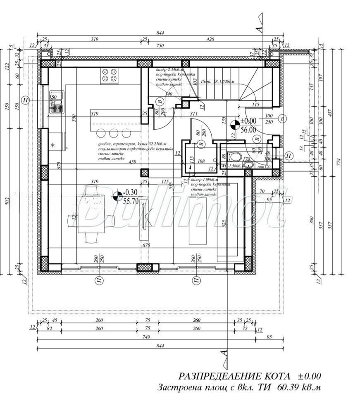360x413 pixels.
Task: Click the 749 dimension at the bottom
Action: [146, 337]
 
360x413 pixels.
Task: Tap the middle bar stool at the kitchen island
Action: [113, 133]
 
